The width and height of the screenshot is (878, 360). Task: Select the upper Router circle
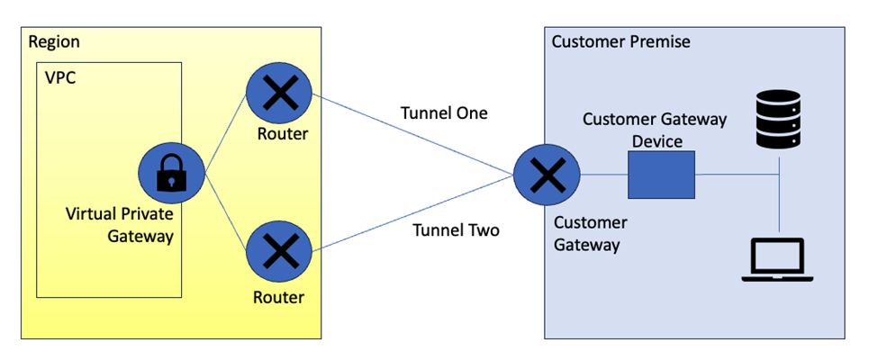[279, 94]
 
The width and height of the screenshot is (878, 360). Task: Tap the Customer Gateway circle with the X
[547, 175]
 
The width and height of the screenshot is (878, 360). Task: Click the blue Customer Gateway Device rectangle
[662, 175]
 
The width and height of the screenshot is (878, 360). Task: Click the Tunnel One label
[444, 113]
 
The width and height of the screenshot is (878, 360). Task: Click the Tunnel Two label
[456, 229]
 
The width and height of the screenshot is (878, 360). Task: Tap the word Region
[53, 42]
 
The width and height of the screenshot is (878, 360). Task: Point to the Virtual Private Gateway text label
[119, 225]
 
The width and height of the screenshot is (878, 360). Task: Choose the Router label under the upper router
[283, 135]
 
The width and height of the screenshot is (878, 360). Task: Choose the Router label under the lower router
[278, 297]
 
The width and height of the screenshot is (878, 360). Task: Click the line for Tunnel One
[414, 136]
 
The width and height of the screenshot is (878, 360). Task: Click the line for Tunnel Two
[414, 212]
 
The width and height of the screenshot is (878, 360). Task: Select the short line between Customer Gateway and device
[603, 175]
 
